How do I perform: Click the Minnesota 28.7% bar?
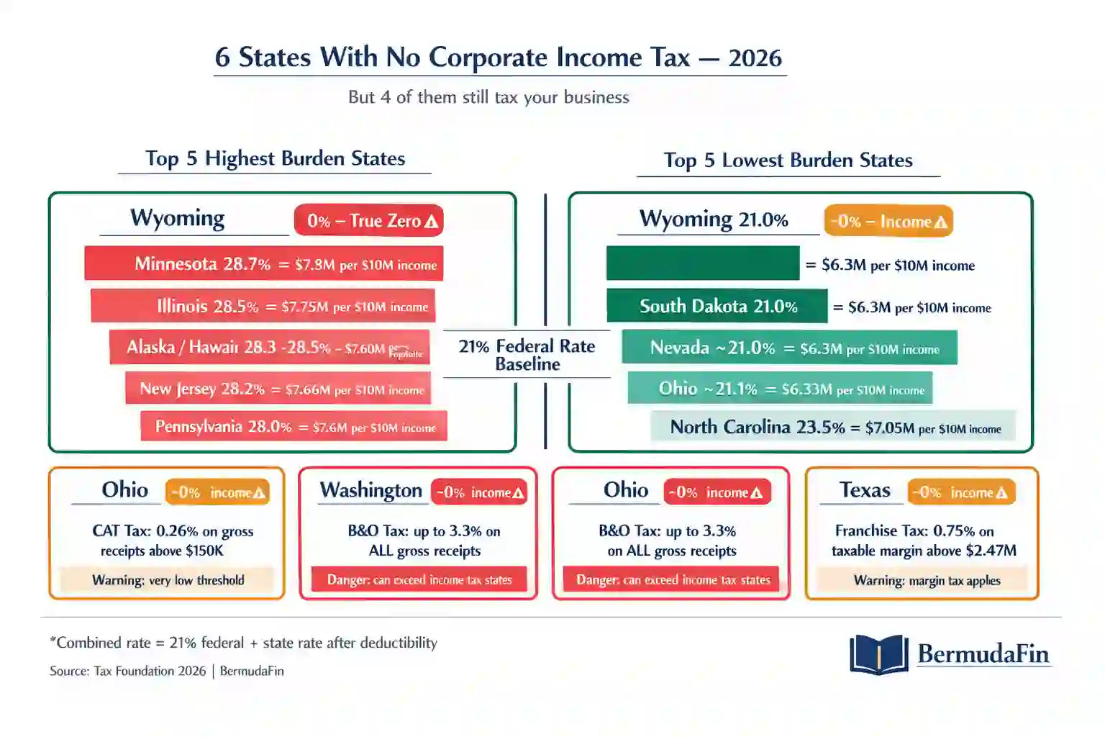point(263,263)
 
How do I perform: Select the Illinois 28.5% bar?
point(263,306)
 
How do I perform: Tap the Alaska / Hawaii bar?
point(269,348)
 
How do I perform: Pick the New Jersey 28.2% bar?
point(278,389)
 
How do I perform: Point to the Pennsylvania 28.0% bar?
point(294,427)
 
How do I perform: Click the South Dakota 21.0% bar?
point(717,307)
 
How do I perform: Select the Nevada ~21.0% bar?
point(789,348)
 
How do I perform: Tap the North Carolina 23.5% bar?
point(833,427)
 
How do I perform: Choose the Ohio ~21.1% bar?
point(780,389)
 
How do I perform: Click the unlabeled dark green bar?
point(702,263)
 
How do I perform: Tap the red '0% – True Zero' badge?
point(368,221)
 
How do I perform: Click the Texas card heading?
point(865,491)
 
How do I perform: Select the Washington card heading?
point(370,491)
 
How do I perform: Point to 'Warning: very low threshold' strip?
point(168,580)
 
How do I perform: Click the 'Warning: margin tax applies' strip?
point(926,580)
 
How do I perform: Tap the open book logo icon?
point(878,654)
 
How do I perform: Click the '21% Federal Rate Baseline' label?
point(527,355)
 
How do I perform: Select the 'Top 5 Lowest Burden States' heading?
point(788,160)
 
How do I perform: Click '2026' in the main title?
point(755,58)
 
